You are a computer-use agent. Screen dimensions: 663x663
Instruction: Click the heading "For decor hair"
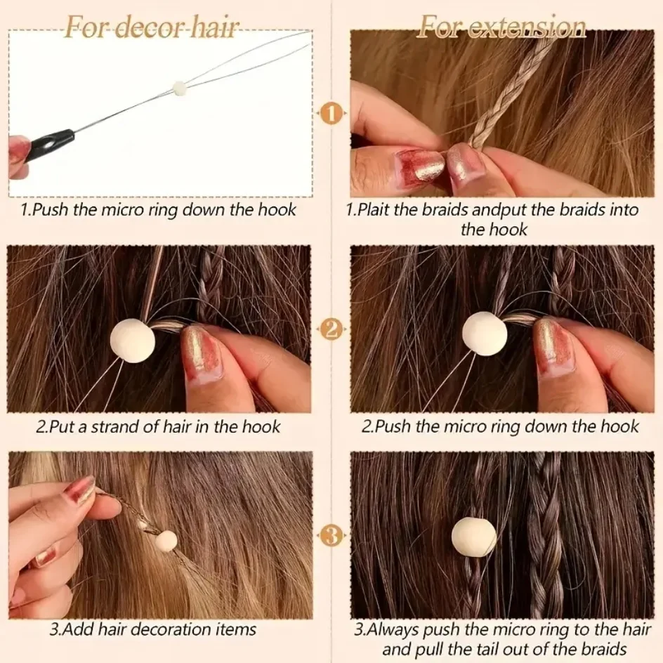[152, 27]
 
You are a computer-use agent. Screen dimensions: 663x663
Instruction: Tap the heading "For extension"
[501, 27]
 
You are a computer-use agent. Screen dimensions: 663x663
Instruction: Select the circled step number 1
[331, 112]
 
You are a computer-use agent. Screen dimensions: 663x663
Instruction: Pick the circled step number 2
[331, 327]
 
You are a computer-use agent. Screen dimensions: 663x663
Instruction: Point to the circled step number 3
[331, 537]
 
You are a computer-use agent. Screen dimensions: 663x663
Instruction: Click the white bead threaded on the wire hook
[180, 88]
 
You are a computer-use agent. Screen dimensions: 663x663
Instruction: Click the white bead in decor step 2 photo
[132, 341]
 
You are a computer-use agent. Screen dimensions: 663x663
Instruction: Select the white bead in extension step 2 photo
[485, 333]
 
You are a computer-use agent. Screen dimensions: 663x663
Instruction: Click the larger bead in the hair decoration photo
[166, 541]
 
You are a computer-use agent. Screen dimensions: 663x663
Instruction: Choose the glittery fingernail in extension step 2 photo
[552, 345]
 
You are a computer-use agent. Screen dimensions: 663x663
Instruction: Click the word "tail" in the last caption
[492, 649]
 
